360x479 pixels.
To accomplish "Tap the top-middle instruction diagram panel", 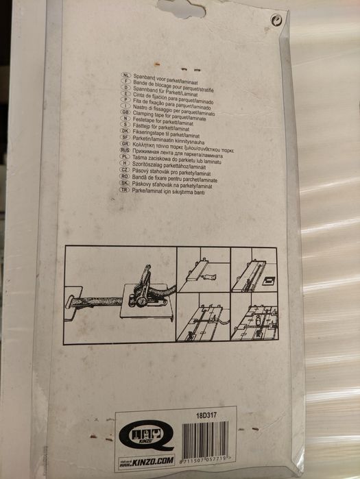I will [204, 271].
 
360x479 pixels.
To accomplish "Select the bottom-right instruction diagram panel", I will [254, 319].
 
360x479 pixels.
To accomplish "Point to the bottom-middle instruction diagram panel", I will [204, 319].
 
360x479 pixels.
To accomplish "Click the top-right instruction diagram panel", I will [254, 271].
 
